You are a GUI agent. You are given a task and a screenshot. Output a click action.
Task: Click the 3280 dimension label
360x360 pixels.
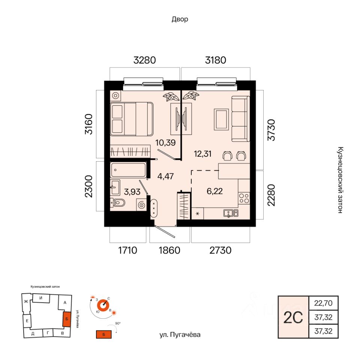[145, 60]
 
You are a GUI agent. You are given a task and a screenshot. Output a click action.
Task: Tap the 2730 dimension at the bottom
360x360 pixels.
[220, 250]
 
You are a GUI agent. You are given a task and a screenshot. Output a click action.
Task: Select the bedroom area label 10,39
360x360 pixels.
[165, 142]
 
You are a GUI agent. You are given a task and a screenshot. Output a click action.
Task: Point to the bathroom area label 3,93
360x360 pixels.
[132, 192]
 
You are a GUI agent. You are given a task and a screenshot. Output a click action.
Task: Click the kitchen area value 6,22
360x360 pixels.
[214, 191]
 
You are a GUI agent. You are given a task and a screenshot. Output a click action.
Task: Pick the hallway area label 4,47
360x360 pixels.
[165, 176]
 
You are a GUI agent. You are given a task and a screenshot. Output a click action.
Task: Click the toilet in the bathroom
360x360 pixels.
[117, 202]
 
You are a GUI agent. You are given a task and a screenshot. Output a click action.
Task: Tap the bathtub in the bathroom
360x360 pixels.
[128, 170]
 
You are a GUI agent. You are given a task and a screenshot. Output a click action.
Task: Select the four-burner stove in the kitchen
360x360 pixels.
[244, 198]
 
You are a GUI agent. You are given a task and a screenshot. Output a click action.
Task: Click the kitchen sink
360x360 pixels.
[231, 213]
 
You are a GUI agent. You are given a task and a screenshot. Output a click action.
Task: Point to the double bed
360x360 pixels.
[132, 119]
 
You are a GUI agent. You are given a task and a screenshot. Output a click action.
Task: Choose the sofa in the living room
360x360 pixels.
[240, 119]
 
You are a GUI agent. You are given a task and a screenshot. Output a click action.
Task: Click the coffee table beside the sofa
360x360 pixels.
[221, 119]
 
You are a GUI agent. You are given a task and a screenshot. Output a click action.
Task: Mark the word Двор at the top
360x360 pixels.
[180, 19]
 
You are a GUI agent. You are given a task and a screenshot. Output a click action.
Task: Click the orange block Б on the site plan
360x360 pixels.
[67, 319]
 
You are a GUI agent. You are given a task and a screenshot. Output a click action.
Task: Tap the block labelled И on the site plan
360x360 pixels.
[41, 298]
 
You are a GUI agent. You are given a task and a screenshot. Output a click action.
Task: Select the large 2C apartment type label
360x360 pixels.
[293, 318]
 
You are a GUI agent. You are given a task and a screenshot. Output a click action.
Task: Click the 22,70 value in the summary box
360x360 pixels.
[323, 303]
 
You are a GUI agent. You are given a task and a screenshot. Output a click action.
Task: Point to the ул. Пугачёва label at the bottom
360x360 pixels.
[180, 335]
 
